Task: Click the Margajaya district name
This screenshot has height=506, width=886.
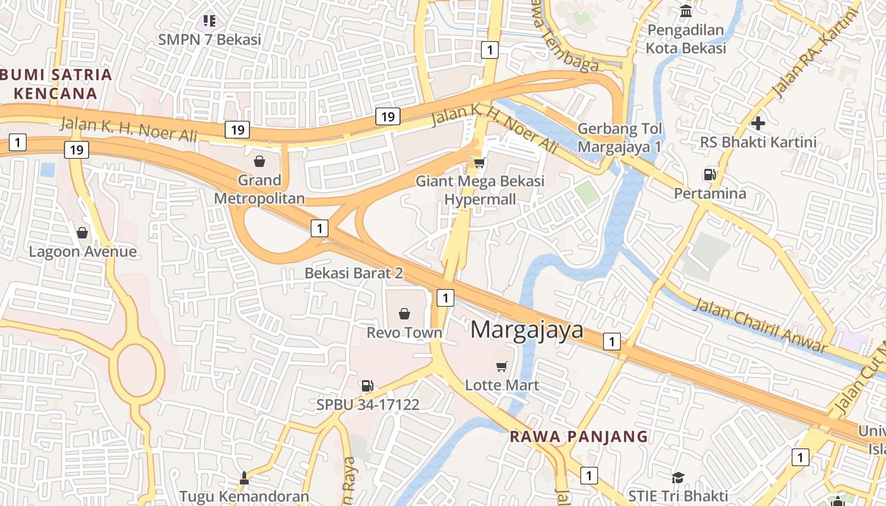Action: [527, 330]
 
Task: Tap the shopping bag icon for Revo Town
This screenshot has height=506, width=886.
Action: [404, 313]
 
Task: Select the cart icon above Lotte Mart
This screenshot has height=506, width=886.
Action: [502, 366]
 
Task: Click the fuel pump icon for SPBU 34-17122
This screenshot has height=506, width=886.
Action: [367, 385]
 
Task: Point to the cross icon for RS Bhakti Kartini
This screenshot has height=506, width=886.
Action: [758, 123]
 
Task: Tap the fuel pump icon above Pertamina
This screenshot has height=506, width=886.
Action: [709, 174]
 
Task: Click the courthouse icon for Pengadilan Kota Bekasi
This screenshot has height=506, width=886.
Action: [685, 11]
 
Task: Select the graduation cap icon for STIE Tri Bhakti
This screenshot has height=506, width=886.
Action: [678, 477]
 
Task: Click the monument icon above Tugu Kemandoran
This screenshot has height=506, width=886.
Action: [244, 478]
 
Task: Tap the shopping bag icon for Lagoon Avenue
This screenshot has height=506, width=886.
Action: [82, 233]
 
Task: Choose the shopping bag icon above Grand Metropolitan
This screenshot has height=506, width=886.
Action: [259, 161]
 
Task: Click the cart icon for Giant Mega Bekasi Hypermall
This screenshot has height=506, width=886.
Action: [480, 163]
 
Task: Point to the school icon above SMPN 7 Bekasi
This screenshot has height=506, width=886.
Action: [209, 22]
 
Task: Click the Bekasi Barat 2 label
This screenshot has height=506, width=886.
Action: [354, 273]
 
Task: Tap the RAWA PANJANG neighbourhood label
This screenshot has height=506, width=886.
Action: [579, 436]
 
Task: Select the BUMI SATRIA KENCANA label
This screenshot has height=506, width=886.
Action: [56, 84]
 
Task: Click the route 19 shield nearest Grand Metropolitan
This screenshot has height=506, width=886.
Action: [237, 130]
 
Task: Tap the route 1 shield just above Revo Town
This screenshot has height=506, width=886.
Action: [446, 297]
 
